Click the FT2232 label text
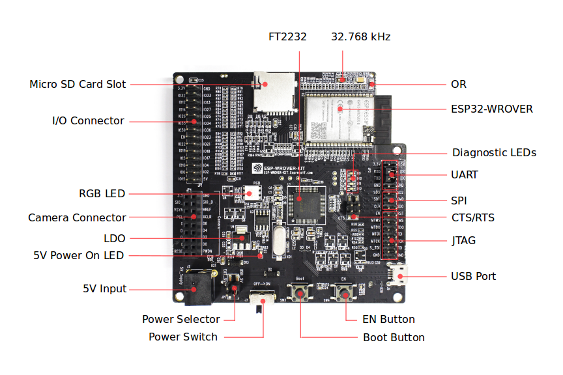pos(287,36)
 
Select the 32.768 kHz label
pos(360,36)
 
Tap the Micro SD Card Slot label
pos(78,85)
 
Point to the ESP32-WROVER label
pos(491,109)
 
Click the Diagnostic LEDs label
pos(494,152)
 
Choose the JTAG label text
pos(463,240)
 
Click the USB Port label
pos(473,276)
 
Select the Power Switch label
pos(182,337)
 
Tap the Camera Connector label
pos(77,217)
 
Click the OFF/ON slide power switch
pos(262,300)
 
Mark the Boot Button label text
pos(394,337)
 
